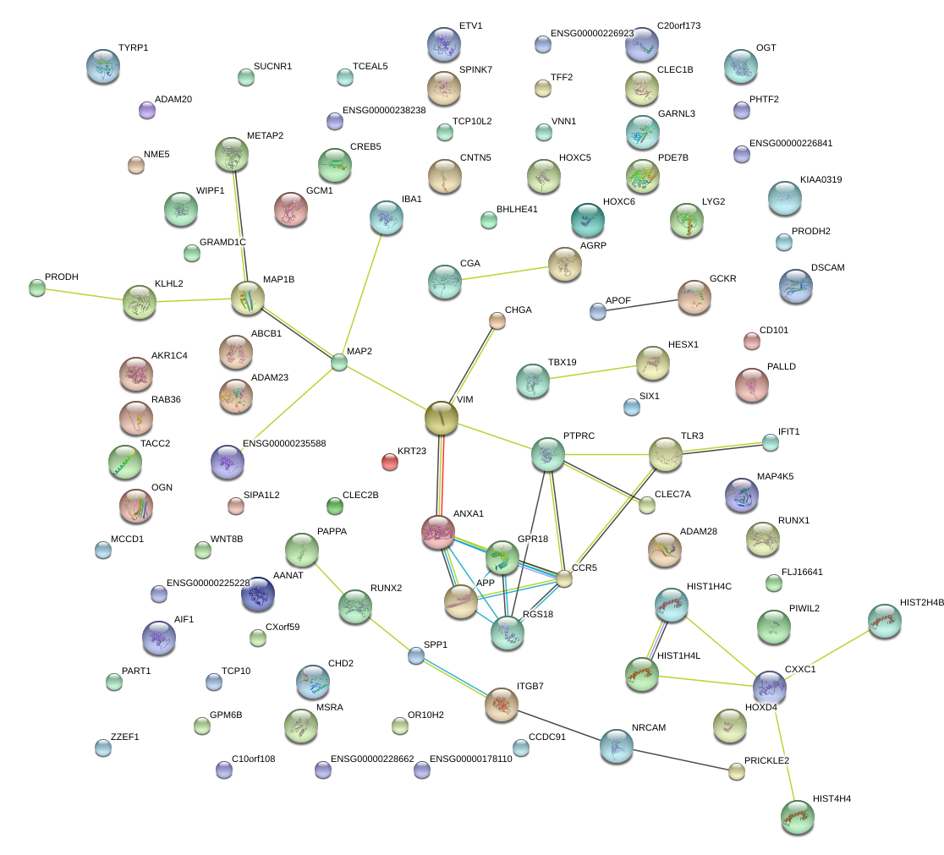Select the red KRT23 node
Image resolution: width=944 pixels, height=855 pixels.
[x=389, y=461]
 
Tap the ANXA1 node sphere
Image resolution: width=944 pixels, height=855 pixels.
[x=438, y=530]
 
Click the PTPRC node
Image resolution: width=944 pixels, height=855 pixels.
[x=547, y=455]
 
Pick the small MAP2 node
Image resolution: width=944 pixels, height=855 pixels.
[x=339, y=362]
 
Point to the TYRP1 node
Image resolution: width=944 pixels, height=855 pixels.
[x=103, y=66]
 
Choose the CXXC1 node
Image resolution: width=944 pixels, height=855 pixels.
[x=770, y=687]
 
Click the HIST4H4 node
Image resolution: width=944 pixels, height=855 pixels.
[x=797, y=815]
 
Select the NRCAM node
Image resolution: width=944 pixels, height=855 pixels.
[x=616, y=745]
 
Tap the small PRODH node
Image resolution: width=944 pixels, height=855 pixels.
[x=36, y=288]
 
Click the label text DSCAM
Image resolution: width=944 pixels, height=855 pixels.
[x=827, y=268]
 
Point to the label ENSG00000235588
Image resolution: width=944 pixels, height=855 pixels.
[x=284, y=443]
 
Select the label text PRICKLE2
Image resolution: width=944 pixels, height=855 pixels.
[x=766, y=760]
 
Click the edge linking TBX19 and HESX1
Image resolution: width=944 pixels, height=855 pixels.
[x=592, y=373]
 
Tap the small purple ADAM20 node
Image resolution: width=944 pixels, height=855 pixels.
[x=146, y=109]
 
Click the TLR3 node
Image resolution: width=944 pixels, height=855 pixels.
[x=666, y=455]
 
